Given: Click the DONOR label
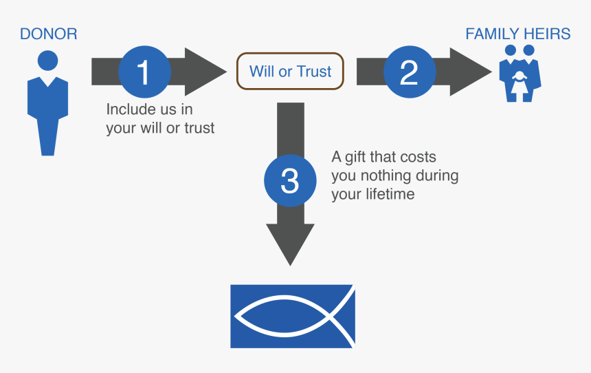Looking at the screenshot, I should (48, 34).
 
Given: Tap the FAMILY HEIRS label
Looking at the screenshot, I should (517, 34).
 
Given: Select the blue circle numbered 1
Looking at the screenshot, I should (144, 72).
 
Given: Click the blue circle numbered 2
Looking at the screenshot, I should (409, 72).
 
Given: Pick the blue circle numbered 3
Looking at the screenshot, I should (290, 181).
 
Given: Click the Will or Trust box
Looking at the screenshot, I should (290, 72).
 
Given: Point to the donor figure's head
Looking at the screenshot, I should (47, 60).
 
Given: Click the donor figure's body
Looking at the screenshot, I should (47, 110).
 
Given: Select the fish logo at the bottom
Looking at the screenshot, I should (292, 316).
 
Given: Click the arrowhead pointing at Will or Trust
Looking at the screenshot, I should (206, 72).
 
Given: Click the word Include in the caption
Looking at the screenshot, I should (129, 109).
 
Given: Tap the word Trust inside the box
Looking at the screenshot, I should (315, 72).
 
